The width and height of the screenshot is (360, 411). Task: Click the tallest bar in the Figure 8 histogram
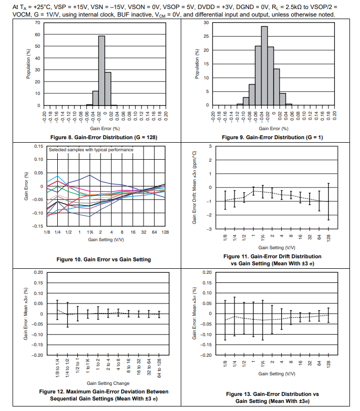[x=101, y=70]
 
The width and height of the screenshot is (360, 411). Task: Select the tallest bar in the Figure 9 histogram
[x=264, y=65]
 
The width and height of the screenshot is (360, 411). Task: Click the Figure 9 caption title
[x=273, y=137]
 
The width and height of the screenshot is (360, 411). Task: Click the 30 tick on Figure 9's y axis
[x=206, y=23]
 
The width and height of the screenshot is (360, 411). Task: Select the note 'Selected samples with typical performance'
[x=91, y=150]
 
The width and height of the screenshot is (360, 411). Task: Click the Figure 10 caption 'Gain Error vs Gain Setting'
[x=104, y=259]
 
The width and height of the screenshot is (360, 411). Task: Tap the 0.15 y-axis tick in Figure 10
[x=39, y=146]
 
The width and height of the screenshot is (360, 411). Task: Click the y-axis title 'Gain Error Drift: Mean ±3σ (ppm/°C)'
[x=195, y=187]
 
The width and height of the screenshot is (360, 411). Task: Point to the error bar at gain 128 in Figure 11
[x=328, y=201]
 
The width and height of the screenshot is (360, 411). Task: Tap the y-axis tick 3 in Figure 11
[x=210, y=146]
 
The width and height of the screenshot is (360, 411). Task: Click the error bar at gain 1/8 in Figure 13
[x=225, y=320]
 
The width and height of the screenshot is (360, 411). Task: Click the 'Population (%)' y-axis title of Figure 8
[x=28, y=64]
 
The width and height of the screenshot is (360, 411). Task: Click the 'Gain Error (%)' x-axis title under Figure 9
[x=273, y=129]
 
